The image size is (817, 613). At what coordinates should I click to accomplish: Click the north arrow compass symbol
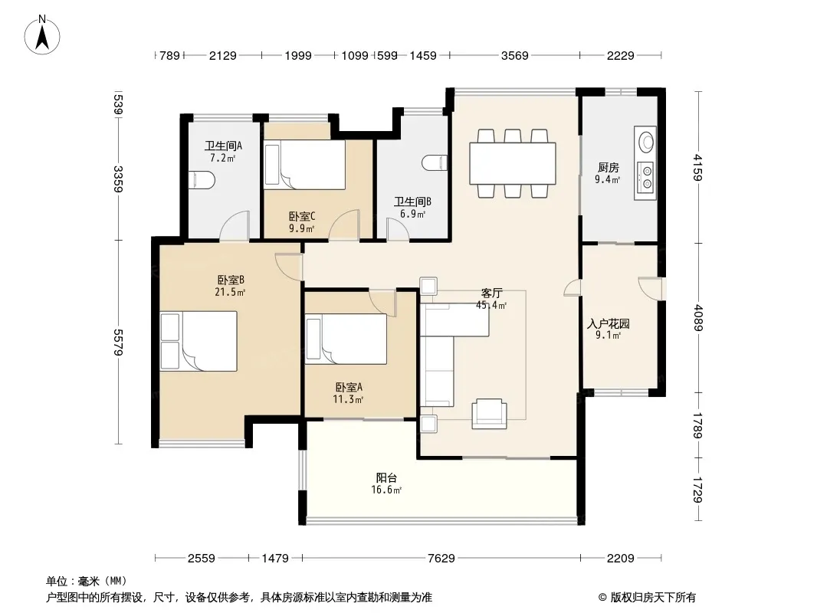(42, 35)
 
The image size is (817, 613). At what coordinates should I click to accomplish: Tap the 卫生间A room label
(223, 146)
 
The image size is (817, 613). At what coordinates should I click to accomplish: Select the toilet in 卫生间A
(202, 180)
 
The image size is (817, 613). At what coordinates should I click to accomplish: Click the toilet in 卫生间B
(435, 163)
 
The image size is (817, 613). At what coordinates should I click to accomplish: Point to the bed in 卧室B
(199, 341)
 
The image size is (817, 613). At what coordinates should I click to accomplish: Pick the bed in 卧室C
(305, 165)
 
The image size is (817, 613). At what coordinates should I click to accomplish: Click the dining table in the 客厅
(513, 163)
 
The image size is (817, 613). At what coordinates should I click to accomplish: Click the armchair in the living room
(489, 414)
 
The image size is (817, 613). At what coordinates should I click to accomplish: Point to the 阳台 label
(386, 477)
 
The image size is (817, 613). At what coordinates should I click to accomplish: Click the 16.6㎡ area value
(386, 490)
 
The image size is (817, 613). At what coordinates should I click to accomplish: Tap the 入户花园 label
(609, 323)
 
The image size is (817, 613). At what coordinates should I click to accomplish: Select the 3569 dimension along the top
(515, 55)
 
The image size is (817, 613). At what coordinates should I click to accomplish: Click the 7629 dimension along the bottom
(441, 559)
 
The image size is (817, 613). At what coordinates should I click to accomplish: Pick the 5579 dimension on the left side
(119, 343)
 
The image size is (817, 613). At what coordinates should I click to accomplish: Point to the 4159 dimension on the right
(698, 167)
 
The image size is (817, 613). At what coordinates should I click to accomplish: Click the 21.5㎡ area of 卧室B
(230, 292)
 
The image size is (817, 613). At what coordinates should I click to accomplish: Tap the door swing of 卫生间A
(235, 226)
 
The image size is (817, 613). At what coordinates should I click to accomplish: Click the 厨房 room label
(609, 168)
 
